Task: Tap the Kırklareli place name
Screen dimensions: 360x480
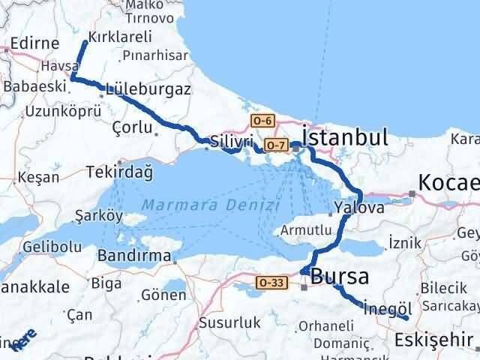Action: pos(120,36)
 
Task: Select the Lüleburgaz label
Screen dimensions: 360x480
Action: pos(148,88)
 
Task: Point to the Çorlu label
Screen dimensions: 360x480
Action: pos(131,127)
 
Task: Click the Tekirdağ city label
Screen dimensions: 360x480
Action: pos(120,172)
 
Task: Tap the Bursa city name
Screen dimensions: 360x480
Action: pos(340,277)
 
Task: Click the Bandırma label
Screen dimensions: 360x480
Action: pos(135,255)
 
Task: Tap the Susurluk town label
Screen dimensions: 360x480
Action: pos(229,323)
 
